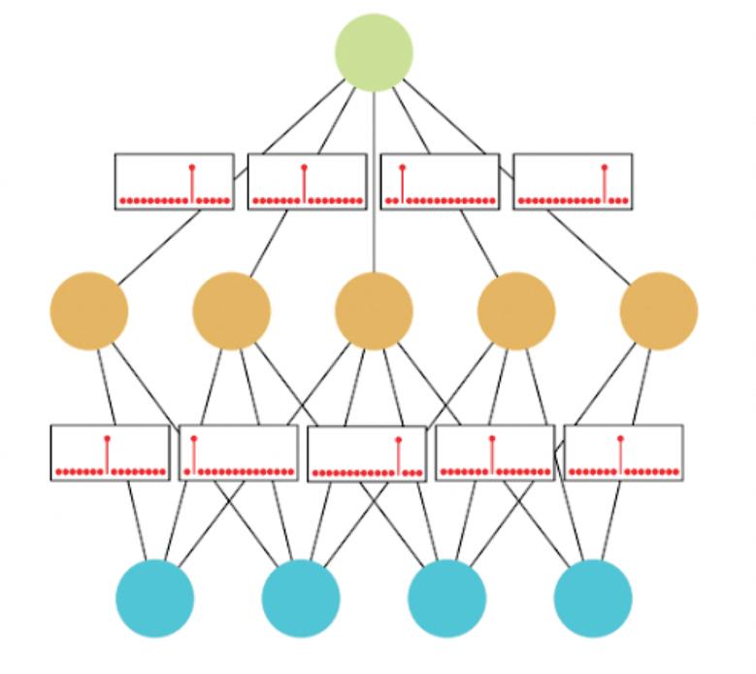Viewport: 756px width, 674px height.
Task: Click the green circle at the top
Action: pyautogui.click(x=374, y=52)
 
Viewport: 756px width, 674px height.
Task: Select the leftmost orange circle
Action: pyautogui.click(x=89, y=311)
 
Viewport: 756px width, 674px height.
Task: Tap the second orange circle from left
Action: pyautogui.click(x=231, y=311)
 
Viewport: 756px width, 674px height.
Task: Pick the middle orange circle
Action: pyautogui.click(x=374, y=311)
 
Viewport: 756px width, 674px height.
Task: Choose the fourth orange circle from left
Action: pyautogui.click(x=516, y=311)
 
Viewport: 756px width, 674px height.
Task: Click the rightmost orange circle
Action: pyautogui.click(x=658, y=311)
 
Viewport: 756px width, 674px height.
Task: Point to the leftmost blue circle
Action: pyautogui.click(x=155, y=597)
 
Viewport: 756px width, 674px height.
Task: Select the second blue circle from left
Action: pyautogui.click(x=301, y=597)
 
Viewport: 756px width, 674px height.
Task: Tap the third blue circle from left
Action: pyautogui.click(x=446, y=597)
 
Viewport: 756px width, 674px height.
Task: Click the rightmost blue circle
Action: pyautogui.click(x=592, y=597)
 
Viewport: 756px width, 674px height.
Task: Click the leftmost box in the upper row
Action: pyautogui.click(x=175, y=182)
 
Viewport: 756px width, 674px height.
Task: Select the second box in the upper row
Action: pyautogui.click(x=307, y=182)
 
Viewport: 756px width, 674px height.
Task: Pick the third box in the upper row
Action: pyautogui.click(x=440, y=182)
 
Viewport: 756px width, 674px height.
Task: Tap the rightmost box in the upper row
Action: pyautogui.click(x=573, y=182)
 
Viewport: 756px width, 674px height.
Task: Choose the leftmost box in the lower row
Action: pyautogui.click(x=110, y=453)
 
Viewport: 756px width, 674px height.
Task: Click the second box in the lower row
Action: pyautogui.click(x=238, y=454)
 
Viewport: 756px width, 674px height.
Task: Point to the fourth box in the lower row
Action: pyautogui.click(x=495, y=454)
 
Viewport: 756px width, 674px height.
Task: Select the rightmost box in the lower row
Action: pyautogui.click(x=623, y=453)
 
